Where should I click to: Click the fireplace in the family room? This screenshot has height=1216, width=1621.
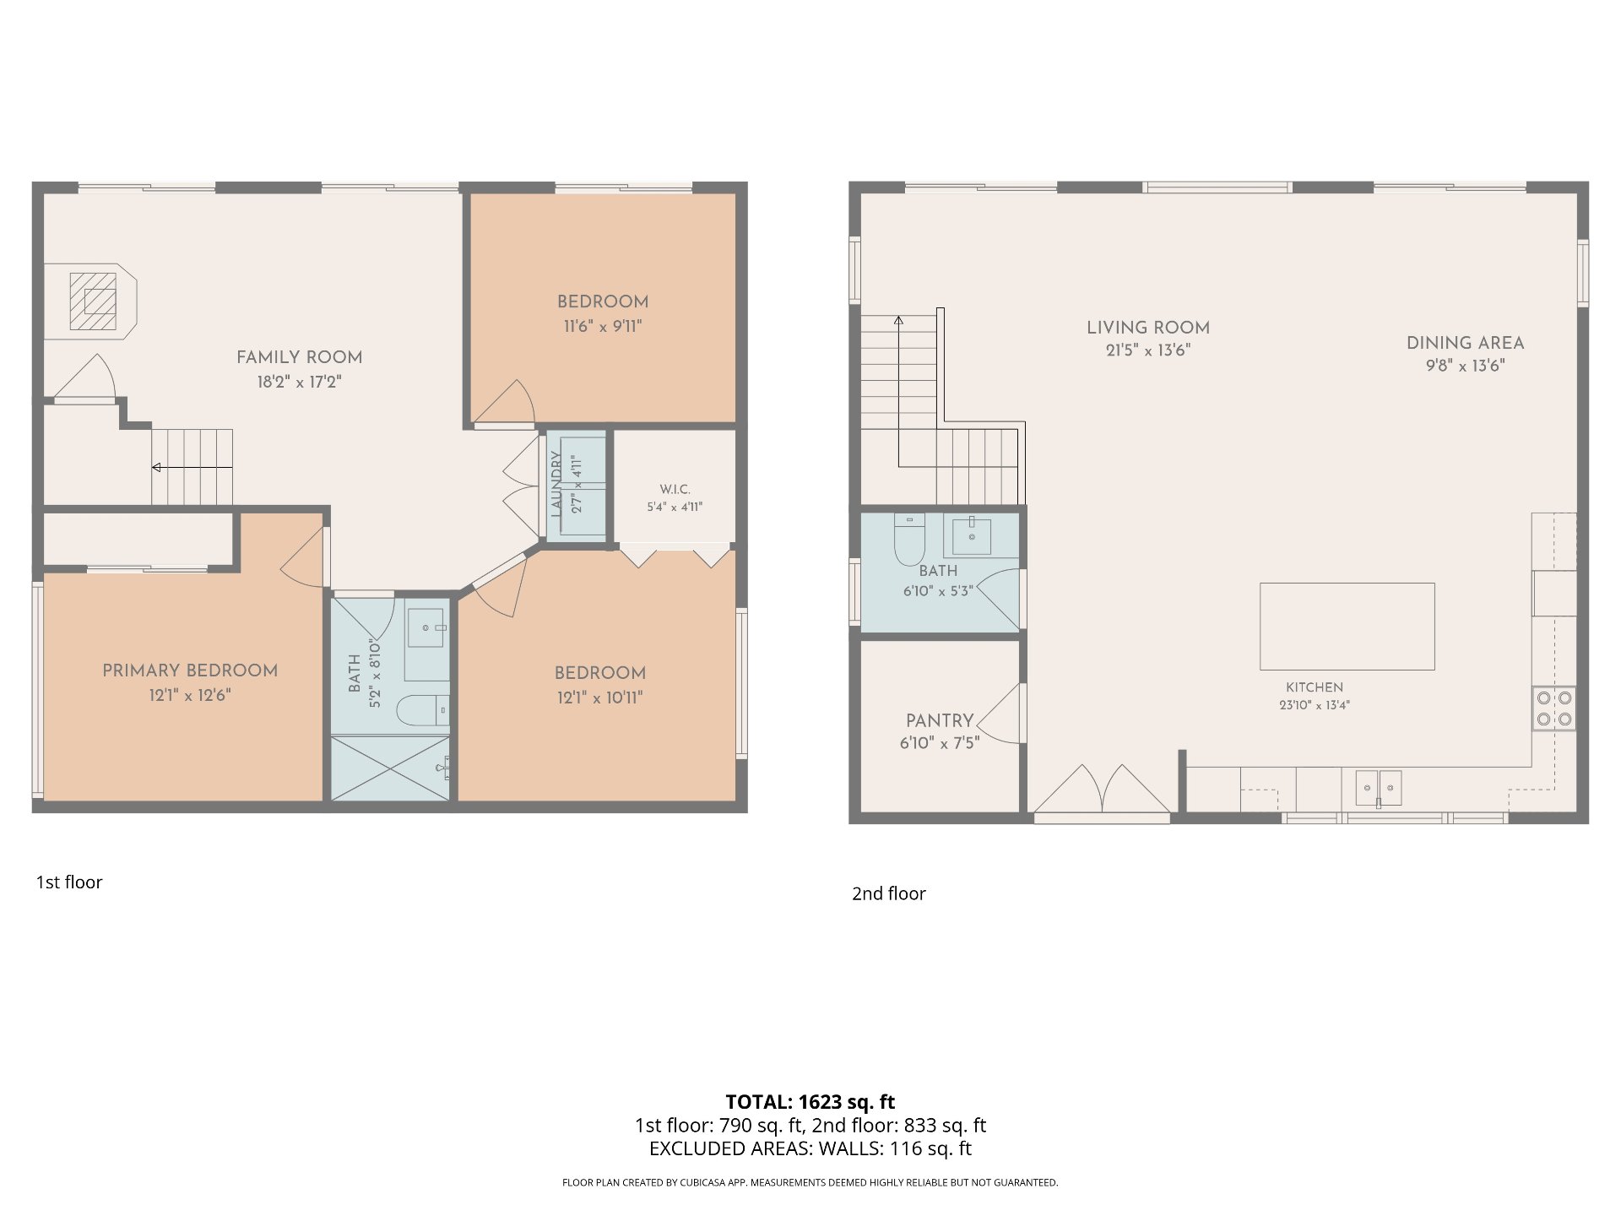click(x=90, y=301)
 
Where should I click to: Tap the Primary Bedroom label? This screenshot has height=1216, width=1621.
click(x=190, y=670)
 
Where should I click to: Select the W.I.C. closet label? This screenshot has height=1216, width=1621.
click(x=675, y=489)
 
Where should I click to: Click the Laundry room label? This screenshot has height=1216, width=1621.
click(x=556, y=484)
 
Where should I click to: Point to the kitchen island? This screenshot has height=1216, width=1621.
click(x=1347, y=626)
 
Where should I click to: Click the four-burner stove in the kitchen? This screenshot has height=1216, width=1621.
click(x=1554, y=708)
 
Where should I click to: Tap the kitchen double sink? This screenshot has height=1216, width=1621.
click(x=1379, y=788)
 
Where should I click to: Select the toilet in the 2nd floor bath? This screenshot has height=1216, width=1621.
click(x=909, y=540)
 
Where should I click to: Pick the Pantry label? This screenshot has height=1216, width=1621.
click(x=940, y=720)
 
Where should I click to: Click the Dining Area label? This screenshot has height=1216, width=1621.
click(x=1465, y=343)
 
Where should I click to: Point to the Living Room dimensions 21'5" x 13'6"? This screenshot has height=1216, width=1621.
click(x=1148, y=350)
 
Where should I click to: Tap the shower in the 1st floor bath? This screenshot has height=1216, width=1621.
click(x=390, y=768)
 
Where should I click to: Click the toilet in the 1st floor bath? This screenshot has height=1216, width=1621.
click(x=424, y=710)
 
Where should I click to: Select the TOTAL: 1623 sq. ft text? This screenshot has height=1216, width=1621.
click(x=810, y=1101)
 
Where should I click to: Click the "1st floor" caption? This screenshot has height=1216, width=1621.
click(x=69, y=882)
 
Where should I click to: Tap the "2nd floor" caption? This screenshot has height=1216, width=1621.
click(x=889, y=893)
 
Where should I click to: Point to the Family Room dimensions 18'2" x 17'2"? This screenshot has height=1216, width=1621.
click(x=300, y=382)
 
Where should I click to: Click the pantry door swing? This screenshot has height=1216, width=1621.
click(x=1002, y=714)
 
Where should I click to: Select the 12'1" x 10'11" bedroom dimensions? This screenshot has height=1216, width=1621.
click(x=600, y=698)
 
